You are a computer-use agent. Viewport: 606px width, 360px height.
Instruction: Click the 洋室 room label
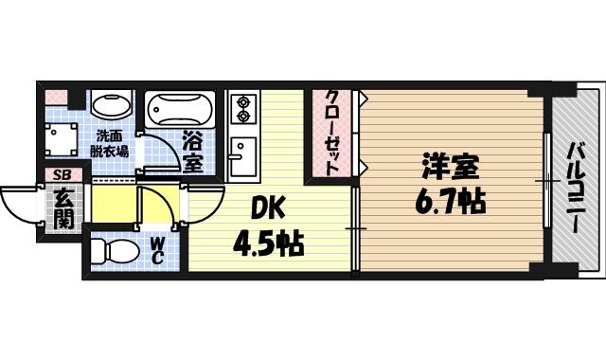point(450,168)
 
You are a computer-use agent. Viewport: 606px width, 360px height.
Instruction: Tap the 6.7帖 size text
point(451,201)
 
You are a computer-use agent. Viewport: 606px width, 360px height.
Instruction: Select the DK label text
point(269,207)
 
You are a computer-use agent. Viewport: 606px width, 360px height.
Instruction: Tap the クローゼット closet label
point(332,133)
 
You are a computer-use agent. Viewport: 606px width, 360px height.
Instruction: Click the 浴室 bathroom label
point(192,153)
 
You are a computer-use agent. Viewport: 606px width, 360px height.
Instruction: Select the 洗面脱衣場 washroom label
point(109,142)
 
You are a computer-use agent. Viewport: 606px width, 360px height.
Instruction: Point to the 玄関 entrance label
point(63,208)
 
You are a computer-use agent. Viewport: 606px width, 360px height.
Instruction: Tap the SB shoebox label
point(62,175)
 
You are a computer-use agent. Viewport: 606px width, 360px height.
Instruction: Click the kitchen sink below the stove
point(242,157)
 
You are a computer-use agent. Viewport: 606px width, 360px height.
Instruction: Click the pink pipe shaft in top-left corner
point(56,97)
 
